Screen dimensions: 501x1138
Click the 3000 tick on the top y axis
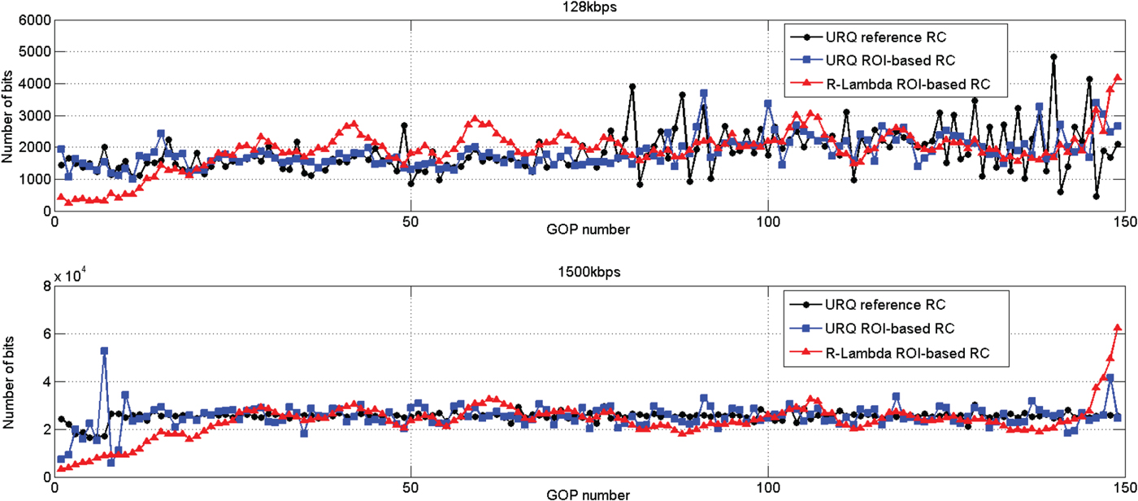pyautogui.click(x=33, y=116)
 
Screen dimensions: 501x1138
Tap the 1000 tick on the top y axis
pyautogui.click(x=33, y=180)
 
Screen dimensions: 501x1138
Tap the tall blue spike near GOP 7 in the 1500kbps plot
pyautogui.click(x=104, y=351)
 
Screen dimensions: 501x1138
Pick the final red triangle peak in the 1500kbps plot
pyautogui.click(x=1118, y=328)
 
